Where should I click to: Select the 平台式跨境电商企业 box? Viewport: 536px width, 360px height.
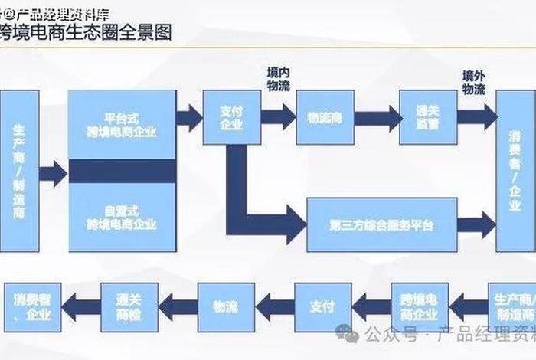(123, 125)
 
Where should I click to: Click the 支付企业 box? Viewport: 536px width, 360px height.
(231, 117)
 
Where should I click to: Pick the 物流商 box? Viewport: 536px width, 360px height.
(325, 117)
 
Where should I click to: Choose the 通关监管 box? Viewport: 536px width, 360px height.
(428, 117)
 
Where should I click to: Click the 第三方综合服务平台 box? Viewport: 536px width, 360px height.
(382, 225)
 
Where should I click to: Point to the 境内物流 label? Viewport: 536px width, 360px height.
(279, 80)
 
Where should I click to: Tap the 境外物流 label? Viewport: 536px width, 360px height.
(473, 83)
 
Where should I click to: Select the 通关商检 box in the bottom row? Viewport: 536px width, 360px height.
(129, 307)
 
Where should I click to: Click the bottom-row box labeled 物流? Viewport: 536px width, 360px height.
(226, 307)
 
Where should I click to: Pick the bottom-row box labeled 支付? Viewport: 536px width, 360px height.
(322, 307)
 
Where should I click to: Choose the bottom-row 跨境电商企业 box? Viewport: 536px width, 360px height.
(420, 307)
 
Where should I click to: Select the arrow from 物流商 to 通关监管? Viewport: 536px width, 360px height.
(377, 117)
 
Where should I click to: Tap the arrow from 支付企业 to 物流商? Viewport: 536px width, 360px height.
(278, 117)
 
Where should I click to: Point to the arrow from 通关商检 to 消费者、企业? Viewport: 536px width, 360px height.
(80, 307)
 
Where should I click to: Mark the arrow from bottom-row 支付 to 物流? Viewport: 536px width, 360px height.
(274, 307)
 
